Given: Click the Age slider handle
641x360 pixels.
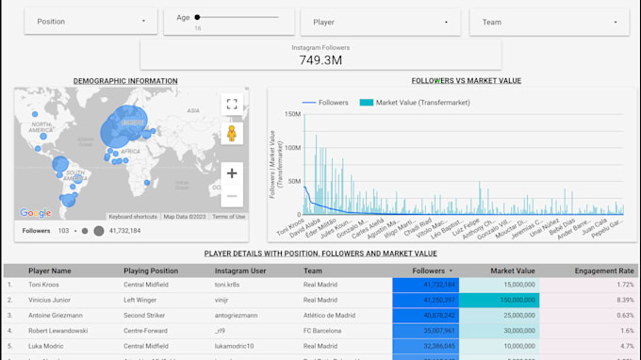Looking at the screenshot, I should click(198, 17).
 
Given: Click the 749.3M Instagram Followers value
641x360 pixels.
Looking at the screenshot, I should click(320, 59).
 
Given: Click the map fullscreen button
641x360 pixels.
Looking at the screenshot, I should click(232, 104).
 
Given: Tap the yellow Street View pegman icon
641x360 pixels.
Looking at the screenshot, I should click(232, 134).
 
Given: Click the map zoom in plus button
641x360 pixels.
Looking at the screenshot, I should click(232, 173).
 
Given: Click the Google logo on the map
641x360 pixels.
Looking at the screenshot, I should click(35, 214).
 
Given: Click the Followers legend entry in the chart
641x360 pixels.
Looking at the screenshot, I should click(325, 103).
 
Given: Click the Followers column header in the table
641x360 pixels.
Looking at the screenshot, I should click(429, 270).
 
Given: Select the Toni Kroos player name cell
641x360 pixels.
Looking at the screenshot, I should click(48, 284).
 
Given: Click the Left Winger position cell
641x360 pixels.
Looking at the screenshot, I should click(145, 299).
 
